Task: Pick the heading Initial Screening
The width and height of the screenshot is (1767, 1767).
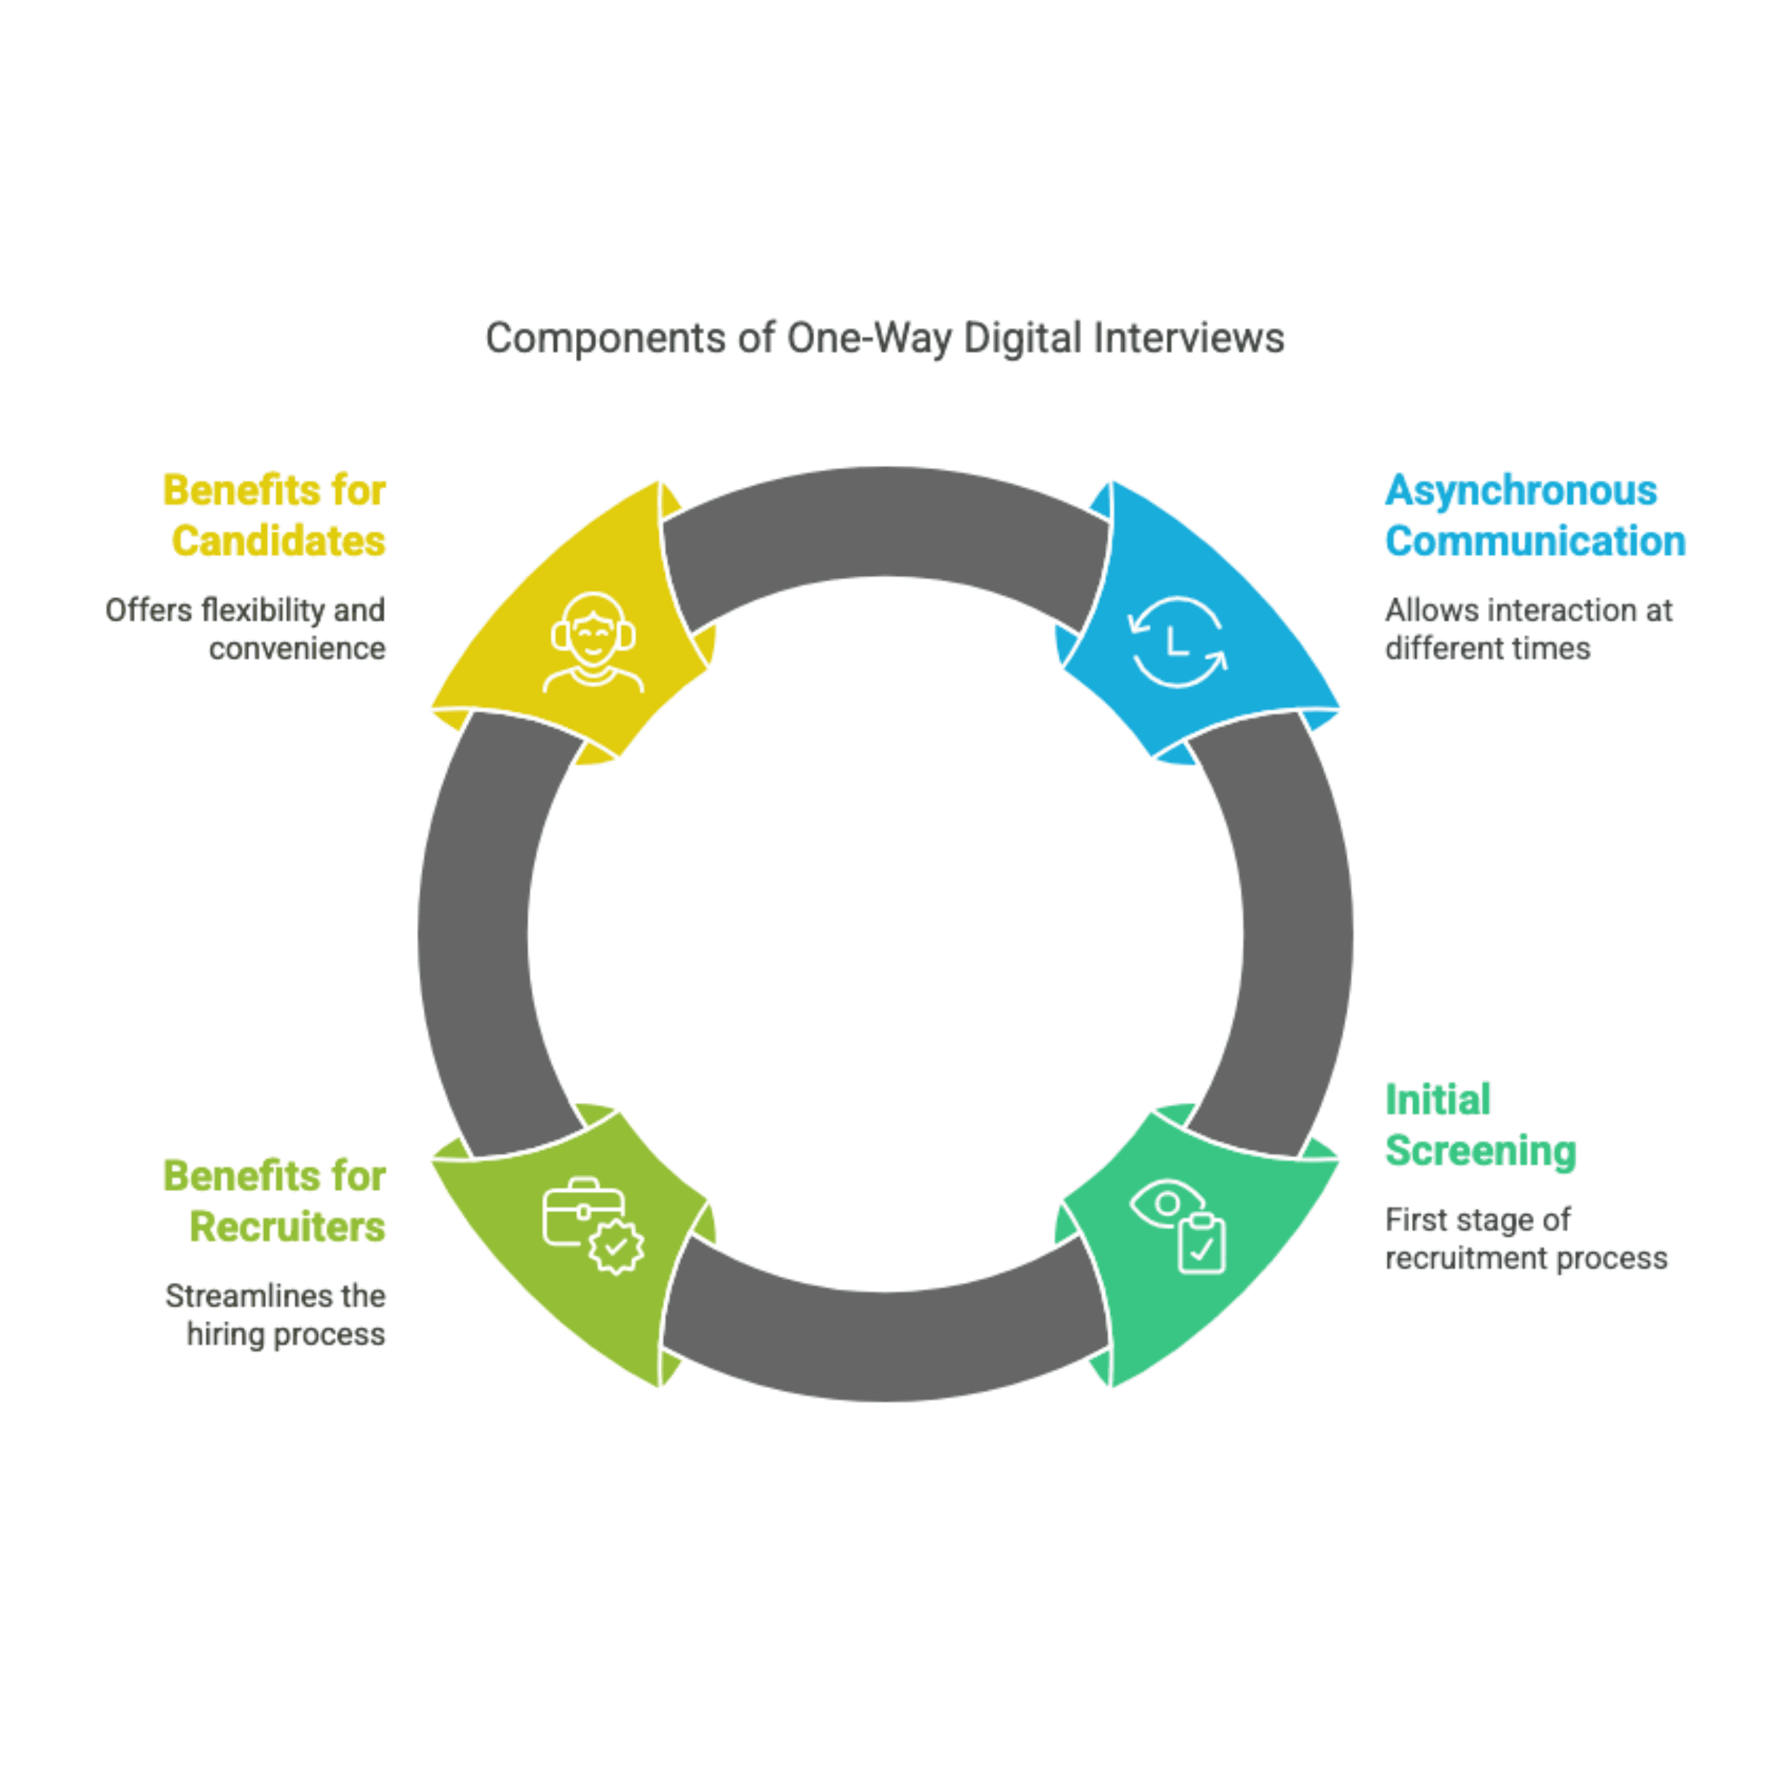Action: click(1480, 1126)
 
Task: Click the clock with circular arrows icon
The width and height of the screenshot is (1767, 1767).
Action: click(1177, 642)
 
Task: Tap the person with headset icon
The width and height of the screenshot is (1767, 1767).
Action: click(593, 642)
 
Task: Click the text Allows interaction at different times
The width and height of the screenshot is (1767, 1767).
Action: click(1527, 629)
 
